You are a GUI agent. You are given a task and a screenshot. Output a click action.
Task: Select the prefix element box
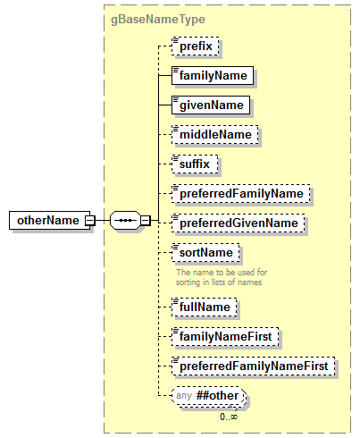pos(196,46)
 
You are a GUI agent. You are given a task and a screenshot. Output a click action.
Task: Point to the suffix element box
pos(195,164)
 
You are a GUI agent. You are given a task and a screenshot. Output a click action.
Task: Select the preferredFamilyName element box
pos(241,192)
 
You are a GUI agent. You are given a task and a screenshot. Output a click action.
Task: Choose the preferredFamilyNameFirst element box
pos(253,366)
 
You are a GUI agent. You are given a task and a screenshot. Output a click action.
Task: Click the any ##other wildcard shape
pos(208,395)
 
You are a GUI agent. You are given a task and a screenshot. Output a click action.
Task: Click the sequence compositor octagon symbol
pos(125,221)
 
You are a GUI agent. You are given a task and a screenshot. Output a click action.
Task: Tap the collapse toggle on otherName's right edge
pos(88,221)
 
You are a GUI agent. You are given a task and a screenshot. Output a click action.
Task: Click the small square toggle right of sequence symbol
pos(146,221)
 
